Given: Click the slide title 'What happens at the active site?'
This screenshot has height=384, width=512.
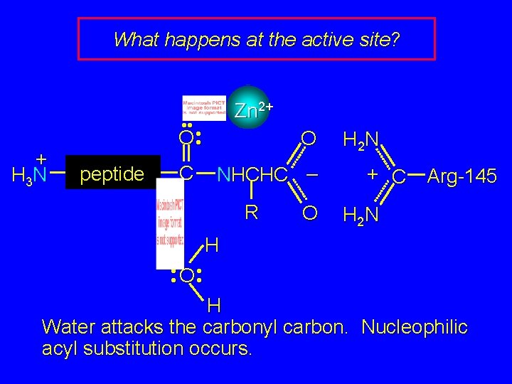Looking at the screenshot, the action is [x=256, y=39].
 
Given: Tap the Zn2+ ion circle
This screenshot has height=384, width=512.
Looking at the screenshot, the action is [x=249, y=109].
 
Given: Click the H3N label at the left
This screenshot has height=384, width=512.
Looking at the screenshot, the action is [x=29, y=173].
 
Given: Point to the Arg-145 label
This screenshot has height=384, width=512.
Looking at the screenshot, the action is [x=462, y=175].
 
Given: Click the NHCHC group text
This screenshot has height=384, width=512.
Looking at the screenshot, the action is [x=252, y=174].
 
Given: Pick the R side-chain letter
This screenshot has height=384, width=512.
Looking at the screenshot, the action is [x=250, y=212].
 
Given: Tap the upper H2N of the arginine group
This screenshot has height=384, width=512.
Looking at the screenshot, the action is [x=362, y=139].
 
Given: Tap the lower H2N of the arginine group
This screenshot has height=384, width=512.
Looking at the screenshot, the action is [x=362, y=213].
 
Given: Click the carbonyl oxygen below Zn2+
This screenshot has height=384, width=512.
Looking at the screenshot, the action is [x=186, y=137].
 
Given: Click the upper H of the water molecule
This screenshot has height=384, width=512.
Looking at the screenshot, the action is [x=211, y=247].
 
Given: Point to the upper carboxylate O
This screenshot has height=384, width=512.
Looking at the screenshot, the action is [x=308, y=137].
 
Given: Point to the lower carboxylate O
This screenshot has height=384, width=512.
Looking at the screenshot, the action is [x=308, y=213].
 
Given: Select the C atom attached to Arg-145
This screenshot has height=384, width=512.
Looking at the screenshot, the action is [x=400, y=175].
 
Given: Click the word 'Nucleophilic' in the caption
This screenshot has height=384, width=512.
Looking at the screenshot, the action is [x=415, y=327].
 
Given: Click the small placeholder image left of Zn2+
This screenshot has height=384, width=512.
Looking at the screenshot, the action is [x=204, y=106].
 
